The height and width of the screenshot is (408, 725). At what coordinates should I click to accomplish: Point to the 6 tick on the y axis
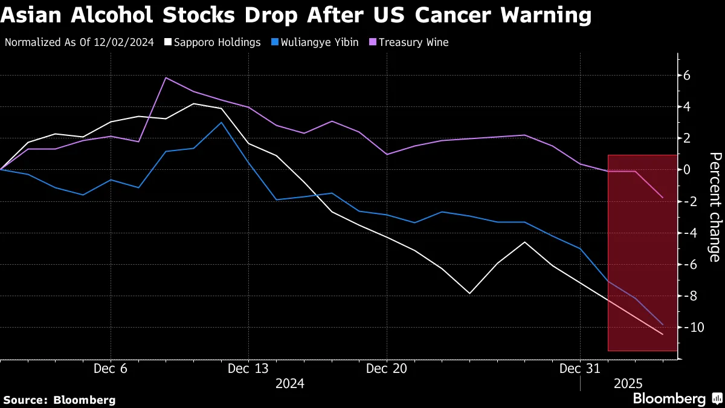point(687,76)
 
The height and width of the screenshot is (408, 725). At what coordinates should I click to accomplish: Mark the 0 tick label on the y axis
point(687,170)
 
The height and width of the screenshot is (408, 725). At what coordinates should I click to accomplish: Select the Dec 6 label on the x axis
point(111,368)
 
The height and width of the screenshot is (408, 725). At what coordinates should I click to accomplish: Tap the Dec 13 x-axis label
point(248,368)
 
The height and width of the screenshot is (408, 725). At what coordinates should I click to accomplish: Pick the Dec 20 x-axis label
point(387,368)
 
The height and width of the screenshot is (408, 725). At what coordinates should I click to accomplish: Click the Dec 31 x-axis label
point(579,368)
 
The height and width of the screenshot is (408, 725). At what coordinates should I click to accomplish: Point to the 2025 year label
point(628,383)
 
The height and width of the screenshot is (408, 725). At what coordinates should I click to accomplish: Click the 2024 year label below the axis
point(290,383)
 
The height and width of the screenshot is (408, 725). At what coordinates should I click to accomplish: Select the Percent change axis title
point(715,207)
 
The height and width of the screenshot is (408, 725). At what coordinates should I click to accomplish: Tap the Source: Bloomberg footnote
point(59,400)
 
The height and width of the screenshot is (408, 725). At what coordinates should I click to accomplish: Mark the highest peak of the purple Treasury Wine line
point(166,78)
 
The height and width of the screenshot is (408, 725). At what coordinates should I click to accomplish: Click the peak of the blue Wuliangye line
point(221,122)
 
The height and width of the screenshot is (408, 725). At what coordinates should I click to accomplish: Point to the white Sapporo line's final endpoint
point(663,334)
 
